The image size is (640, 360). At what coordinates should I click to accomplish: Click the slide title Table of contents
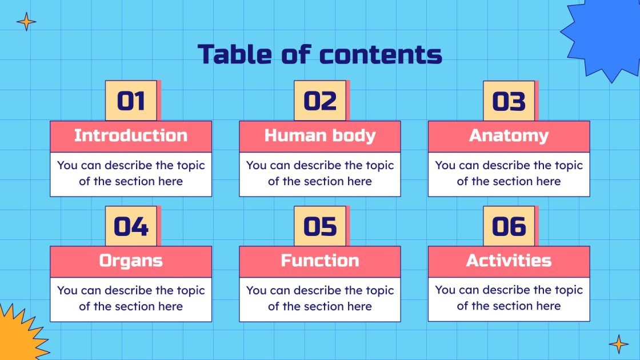tap(320, 54)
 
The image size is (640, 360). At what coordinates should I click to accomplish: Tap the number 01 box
tap(131, 101)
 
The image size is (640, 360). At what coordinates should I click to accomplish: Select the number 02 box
tap(320, 101)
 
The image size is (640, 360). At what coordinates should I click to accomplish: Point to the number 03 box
tap(509, 101)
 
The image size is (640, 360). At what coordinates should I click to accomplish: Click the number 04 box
tap(131, 226)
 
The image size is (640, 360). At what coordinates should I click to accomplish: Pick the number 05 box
tap(320, 226)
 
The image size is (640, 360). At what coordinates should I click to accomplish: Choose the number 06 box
tap(509, 226)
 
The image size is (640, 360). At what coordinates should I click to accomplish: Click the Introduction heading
tap(131, 136)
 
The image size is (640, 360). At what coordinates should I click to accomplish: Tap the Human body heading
tap(320, 136)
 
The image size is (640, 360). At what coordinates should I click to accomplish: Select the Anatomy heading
tap(509, 136)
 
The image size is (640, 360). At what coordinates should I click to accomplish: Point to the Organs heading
tap(131, 261)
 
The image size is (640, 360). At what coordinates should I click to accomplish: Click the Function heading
tap(320, 261)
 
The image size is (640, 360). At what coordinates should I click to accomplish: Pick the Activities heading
tap(509, 261)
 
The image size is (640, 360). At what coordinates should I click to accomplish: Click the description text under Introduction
tap(131, 174)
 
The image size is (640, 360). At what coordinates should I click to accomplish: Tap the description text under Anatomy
tap(509, 174)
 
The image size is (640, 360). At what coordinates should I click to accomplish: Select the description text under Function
tap(320, 298)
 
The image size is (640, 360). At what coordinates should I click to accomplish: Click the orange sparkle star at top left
tap(26, 22)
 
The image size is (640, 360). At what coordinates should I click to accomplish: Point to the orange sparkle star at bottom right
tap(618, 344)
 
